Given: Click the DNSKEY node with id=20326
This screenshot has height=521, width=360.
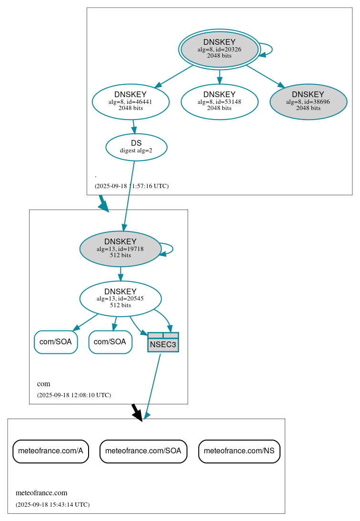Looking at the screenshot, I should pyautogui.click(x=219, y=49).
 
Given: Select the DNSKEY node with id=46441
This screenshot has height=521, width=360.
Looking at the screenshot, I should pyautogui.click(x=130, y=101).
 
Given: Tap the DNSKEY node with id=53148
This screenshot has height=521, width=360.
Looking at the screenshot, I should pyautogui.click(x=219, y=101).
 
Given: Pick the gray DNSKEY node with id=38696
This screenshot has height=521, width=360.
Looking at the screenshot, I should pyautogui.click(x=308, y=101).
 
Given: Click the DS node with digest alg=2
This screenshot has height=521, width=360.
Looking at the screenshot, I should pyautogui.click(x=136, y=147).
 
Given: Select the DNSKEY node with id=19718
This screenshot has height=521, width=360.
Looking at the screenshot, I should pyautogui.click(x=120, y=249).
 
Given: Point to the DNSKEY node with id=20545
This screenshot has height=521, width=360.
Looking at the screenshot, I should pyautogui.click(x=120, y=299).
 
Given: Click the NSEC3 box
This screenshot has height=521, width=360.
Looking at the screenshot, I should pyautogui.click(x=163, y=342).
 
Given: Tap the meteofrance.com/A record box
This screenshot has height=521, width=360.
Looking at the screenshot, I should pyautogui.click(x=50, y=451).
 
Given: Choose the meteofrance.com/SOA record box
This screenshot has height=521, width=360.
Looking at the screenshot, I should pyautogui.click(x=143, y=451).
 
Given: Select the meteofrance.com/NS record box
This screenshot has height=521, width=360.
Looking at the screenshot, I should pyautogui.click(x=239, y=451).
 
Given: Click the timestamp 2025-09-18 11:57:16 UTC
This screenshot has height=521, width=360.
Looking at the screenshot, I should pyautogui.click(x=131, y=186).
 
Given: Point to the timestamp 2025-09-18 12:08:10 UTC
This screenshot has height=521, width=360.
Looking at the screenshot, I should pyautogui.click(x=74, y=395).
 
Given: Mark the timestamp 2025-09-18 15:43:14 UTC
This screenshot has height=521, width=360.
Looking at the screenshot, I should pyautogui.click(x=52, y=505).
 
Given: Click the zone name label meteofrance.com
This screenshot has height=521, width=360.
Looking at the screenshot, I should pyautogui.click(x=41, y=493).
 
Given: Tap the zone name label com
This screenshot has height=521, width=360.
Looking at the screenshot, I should pyautogui.click(x=43, y=384).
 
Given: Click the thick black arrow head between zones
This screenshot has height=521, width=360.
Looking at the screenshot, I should pyautogui.click(x=138, y=415).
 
